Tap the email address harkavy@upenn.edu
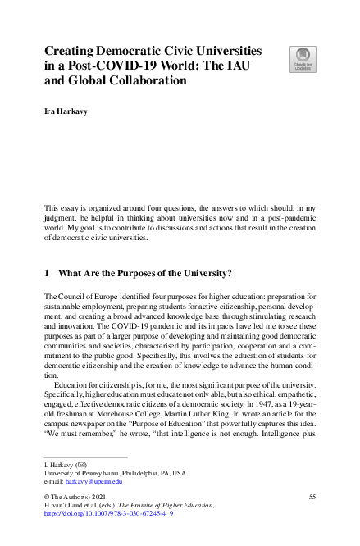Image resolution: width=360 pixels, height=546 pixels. pos(93,482)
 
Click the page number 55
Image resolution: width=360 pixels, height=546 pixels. pos(311,497)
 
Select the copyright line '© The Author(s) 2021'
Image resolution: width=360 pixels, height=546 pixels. pos(80,497)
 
